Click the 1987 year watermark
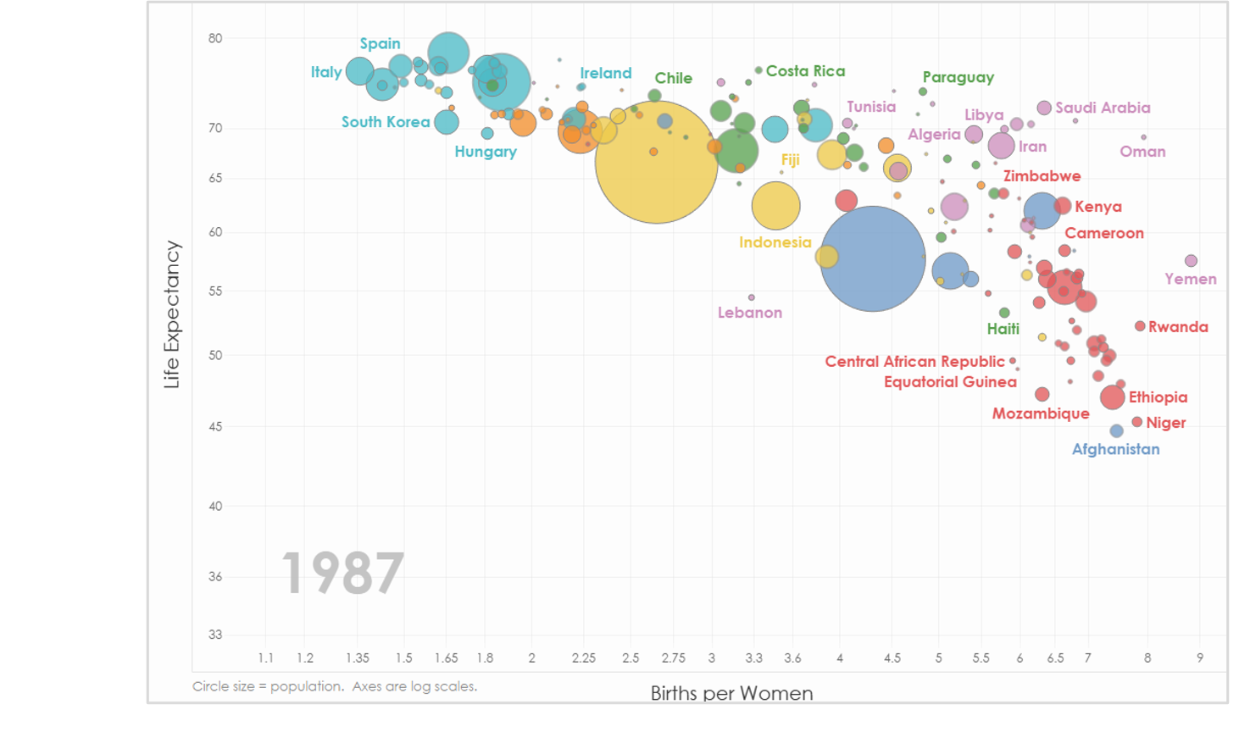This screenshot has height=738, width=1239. tap(342, 574)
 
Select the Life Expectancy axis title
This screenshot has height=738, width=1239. tap(172, 314)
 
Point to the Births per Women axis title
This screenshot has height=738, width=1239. tap(731, 693)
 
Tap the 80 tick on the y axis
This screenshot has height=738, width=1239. tap(215, 38)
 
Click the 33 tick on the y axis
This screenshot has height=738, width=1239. tap(215, 635)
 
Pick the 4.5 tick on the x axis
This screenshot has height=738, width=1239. tap(892, 658)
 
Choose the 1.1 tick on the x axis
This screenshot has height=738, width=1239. tap(265, 658)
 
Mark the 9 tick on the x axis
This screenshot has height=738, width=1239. tap(1200, 658)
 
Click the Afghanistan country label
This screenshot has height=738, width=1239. tap(1115, 449)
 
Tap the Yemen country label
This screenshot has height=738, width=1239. tap(1190, 279)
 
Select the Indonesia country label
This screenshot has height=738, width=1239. tap(775, 242)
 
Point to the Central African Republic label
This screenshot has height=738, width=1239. tap(914, 362)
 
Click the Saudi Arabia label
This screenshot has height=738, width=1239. tap(1103, 108)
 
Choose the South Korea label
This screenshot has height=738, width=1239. tap(386, 122)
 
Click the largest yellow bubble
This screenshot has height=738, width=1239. tap(657, 161)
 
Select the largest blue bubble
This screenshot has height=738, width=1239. tap(873, 258)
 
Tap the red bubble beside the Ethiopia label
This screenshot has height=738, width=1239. tap(1112, 397)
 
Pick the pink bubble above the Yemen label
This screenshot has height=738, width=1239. tap(1191, 261)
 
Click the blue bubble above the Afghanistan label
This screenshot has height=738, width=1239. tap(1116, 431)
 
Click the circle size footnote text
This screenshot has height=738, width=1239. tap(335, 686)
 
